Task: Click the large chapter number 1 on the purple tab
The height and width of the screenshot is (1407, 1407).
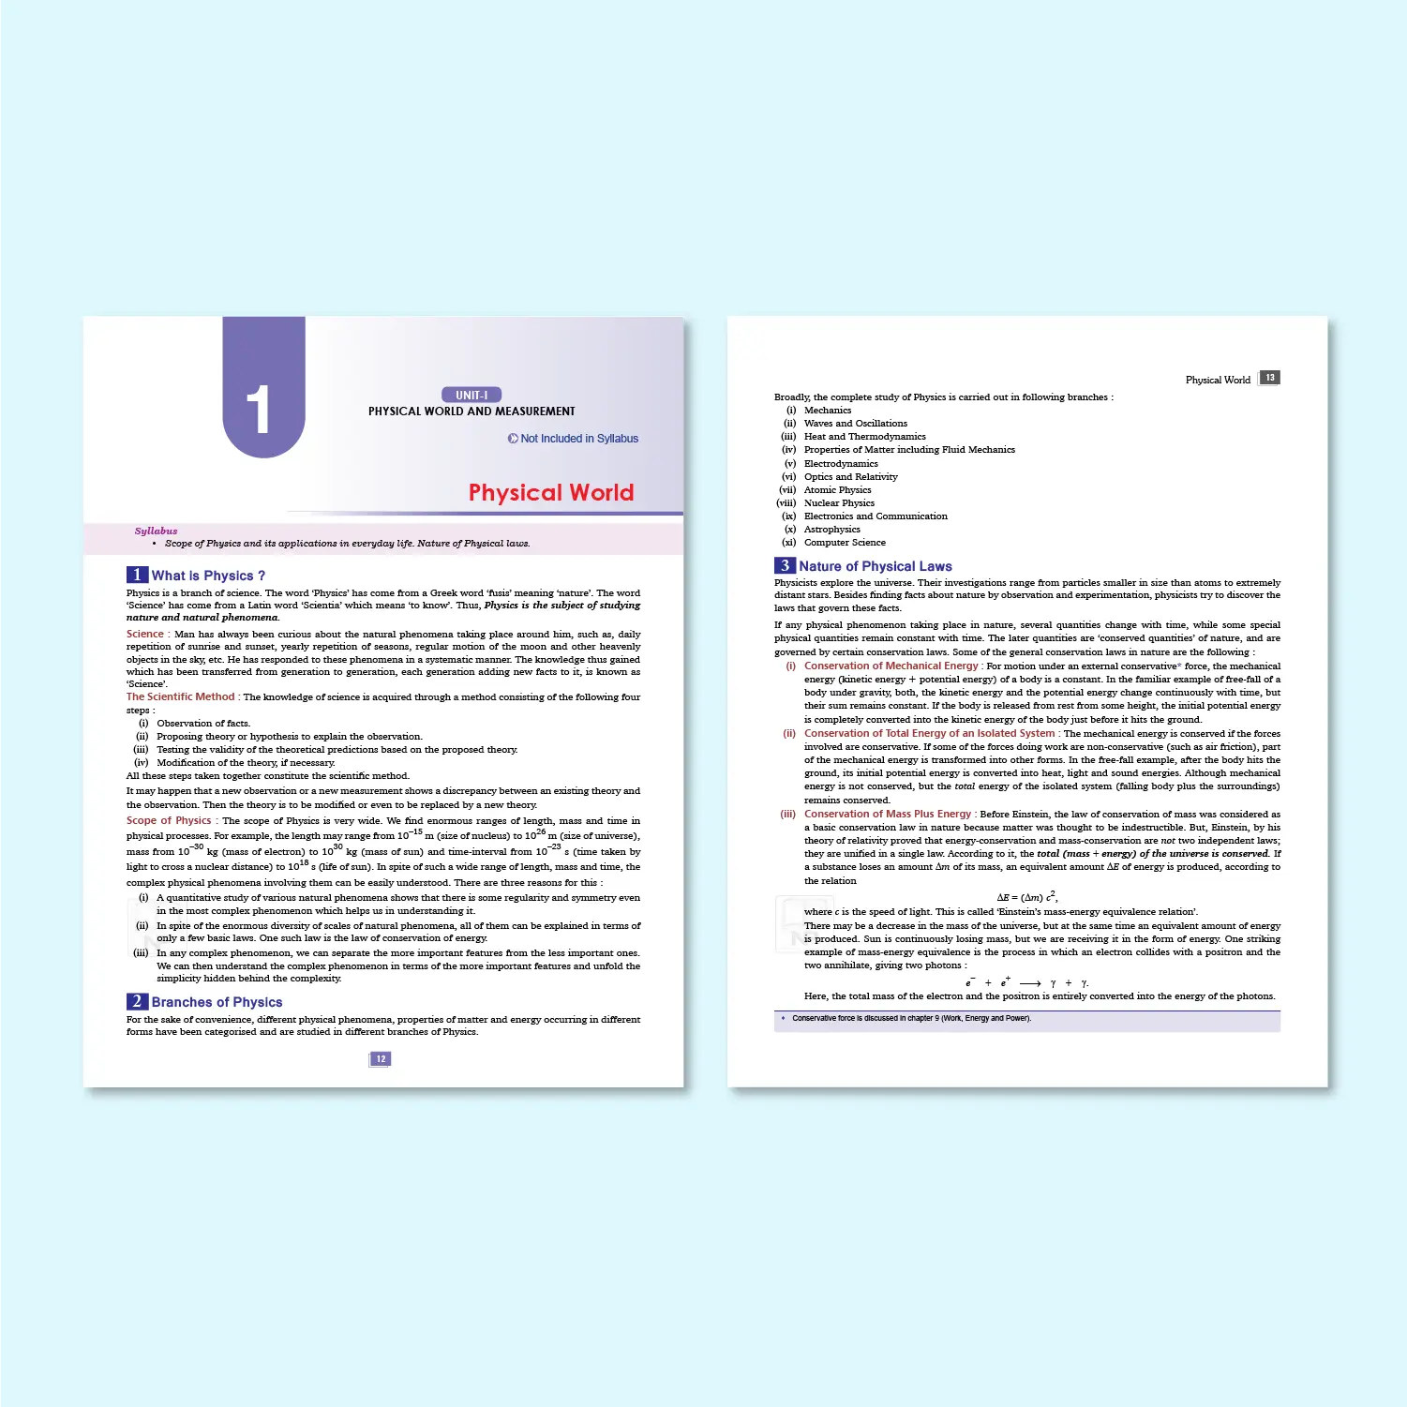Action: (259, 410)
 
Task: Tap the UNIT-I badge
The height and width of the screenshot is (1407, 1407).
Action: (471, 395)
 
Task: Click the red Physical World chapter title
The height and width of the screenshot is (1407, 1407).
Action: (551, 492)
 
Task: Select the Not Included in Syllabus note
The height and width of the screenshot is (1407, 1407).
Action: (574, 438)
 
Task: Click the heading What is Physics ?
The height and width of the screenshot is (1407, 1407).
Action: (208, 576)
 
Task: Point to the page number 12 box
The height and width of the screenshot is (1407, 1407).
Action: (381, 1058)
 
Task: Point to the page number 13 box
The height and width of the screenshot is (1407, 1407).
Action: (1269, 378)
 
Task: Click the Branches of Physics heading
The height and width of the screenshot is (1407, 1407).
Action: (217, 1002)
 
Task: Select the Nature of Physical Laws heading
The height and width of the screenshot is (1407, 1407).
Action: (875, 566)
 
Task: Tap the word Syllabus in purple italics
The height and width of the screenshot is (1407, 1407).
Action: (156, 531)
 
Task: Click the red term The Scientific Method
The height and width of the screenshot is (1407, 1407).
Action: (181, 696)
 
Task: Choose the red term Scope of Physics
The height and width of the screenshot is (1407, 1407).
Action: (170, 820)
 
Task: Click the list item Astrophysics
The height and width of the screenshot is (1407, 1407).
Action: (831, 529)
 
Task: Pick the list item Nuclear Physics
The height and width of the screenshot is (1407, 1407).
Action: (839, 502)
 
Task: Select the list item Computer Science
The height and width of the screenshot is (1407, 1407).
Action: (845, 542)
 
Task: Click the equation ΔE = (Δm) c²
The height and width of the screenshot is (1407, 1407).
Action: (1026, 897)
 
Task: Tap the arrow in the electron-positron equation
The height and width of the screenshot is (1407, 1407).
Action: (1030, 983)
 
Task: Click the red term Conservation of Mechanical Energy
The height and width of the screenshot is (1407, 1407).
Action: (891, 666)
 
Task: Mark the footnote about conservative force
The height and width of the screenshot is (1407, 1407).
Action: (911, 1018)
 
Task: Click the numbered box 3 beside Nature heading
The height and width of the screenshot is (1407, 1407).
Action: (785, 566)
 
